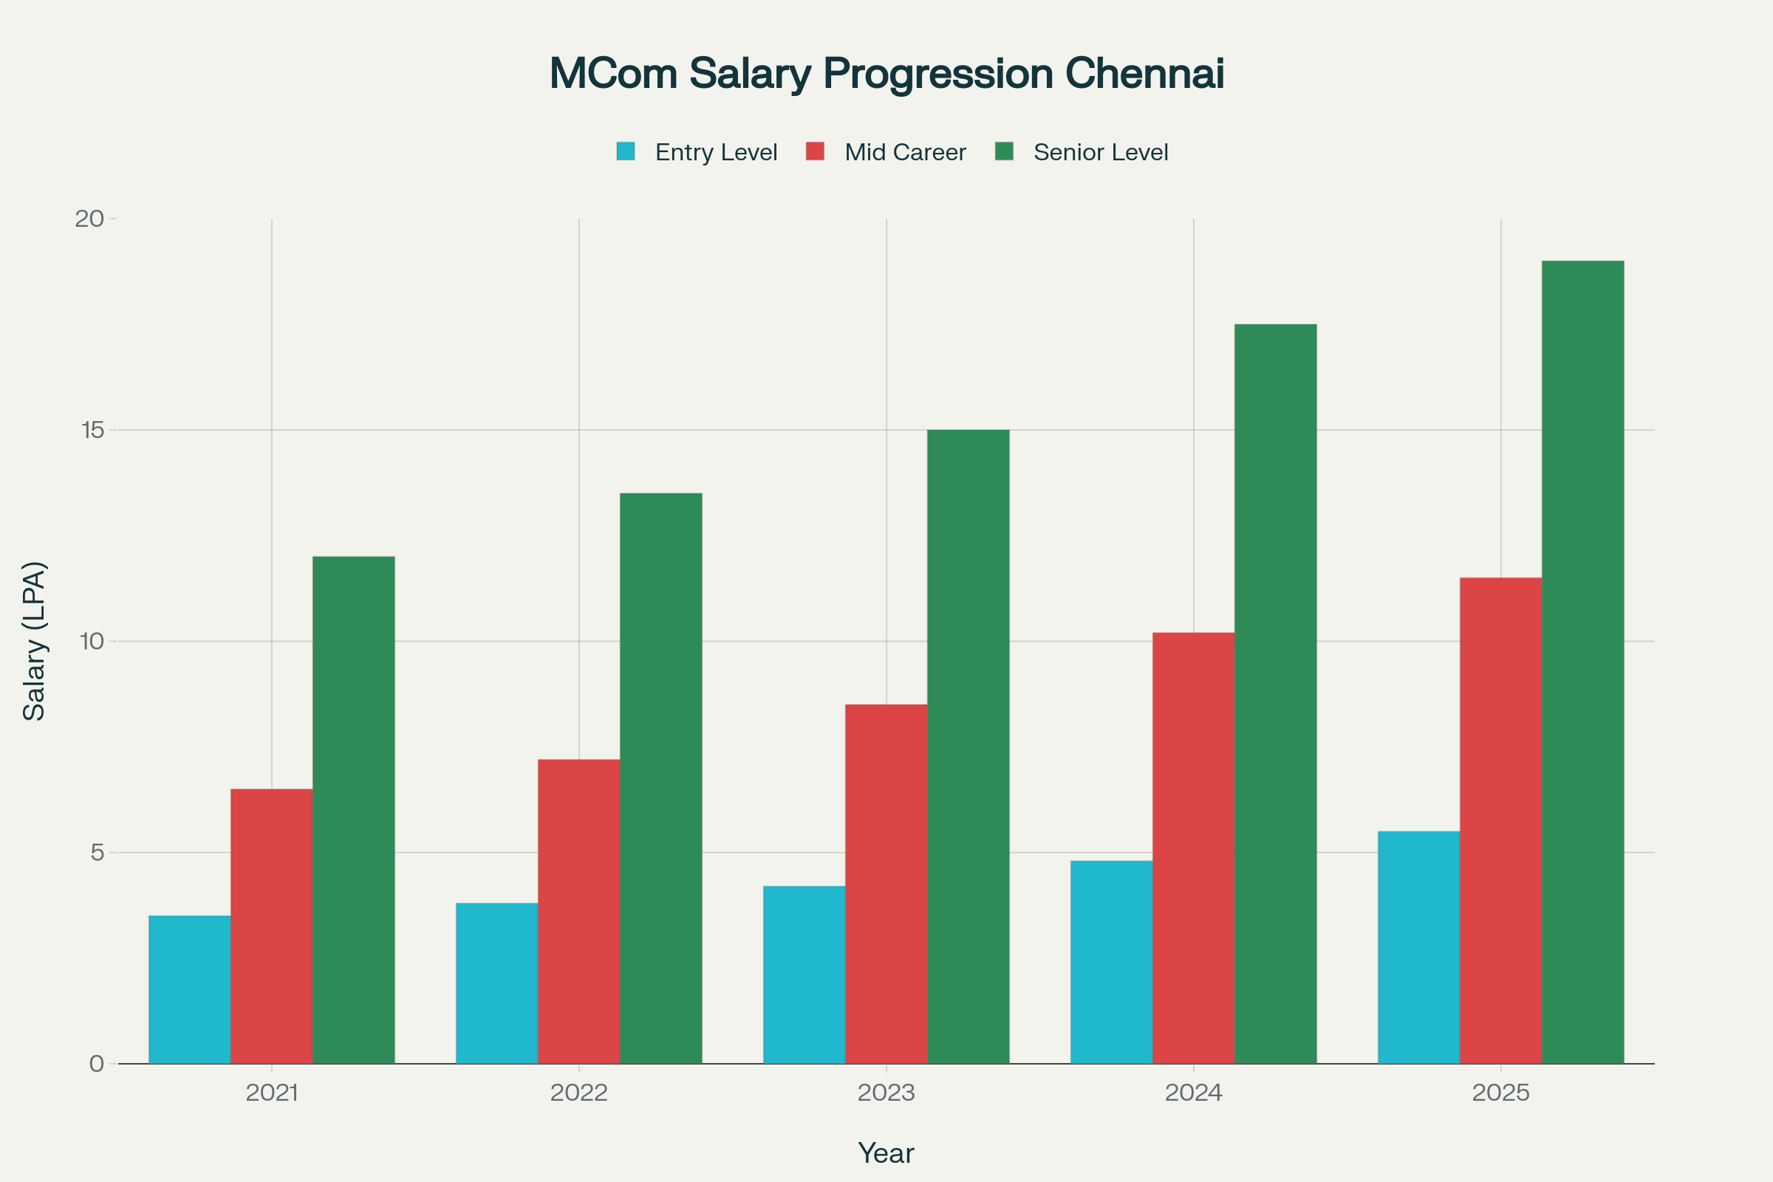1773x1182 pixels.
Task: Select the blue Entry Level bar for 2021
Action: click(x=189, y=989)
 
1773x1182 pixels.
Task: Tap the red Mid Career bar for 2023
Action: click(x=886, y=884)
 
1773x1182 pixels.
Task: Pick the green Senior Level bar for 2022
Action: click(x=660, y=778)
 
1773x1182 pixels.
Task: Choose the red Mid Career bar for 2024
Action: click(x=1193, y=847)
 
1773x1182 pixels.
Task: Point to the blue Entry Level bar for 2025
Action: click(x=1418, y=947)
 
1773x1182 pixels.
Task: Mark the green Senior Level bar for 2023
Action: click(x=968, y=746)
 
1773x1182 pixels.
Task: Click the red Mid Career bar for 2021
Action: click(x=271, y=926)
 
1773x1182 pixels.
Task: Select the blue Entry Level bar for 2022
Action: click(x=496, y=983)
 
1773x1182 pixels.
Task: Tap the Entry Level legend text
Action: click(x=715, y=152)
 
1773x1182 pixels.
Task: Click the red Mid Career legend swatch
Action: click(x=815, y=151)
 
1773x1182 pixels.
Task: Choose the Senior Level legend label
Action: click(x=1100, y=152)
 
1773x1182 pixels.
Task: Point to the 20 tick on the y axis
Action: click(x=89, y=219)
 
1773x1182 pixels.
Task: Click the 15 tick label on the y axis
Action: click(x=92, y=431)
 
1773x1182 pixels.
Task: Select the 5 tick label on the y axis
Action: click(x=97, y=853)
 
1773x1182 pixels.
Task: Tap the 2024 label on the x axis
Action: click(x=1193, y=1093)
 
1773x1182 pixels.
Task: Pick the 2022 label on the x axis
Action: click(x=579, y=1093)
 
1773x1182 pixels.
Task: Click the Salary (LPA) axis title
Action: click(x=34, y=640)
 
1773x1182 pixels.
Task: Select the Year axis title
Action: click(x=886, y=1153)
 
